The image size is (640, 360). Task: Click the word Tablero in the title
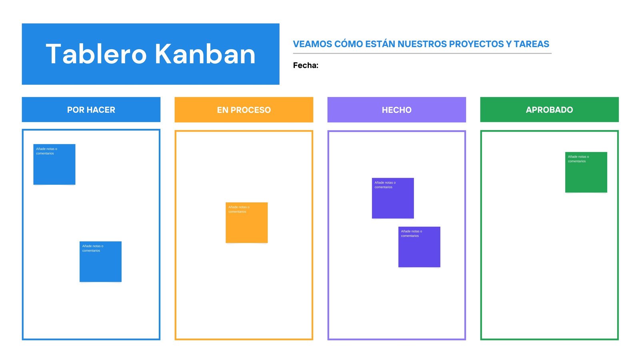pyautogui.click(x=96, y=54)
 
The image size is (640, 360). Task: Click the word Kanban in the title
pyautogui.click(x=205, y=54)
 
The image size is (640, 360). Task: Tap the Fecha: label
pyautogui.click(x=306, y=65)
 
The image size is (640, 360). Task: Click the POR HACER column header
pyautogui.click(x=91, y=110)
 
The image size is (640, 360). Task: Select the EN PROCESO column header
pyautogui.click(x=244, y=110)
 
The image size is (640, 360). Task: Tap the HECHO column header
pyautogui.click(x=396, y=110)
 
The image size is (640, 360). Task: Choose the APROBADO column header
pyautogui.click(x=549, y=110)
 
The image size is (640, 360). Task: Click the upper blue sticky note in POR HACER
pyautogui.click(x=54, y=168)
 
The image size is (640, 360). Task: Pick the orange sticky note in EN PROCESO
pyautogui.click(x=246, y=226)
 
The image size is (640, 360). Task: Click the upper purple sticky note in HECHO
pyautogui.click(x=393, y=202)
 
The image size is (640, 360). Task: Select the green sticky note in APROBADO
pyautogui.click(x=586, y=176)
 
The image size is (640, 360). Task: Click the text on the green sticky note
pyautogui.click(x=578, y=159)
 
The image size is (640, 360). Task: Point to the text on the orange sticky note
pyautogui.click(x=238, y=209)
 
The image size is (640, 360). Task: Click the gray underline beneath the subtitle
pyautogui.click(x=422, y=53)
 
